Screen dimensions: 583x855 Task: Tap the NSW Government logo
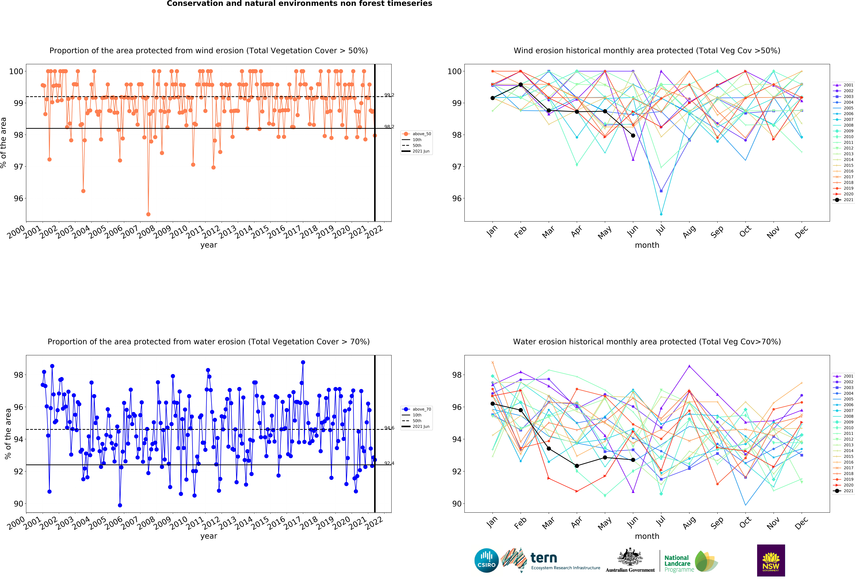pos(771,560)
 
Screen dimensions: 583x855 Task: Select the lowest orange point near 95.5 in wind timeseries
pos(148,214)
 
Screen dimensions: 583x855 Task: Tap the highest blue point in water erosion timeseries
pos(303,362)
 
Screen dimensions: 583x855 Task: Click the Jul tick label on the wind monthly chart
pos(661,230)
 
